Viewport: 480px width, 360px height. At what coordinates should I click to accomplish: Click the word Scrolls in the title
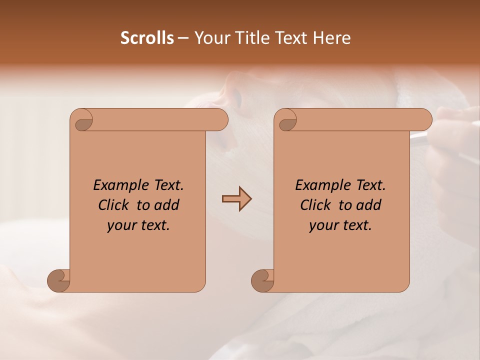[147, 38]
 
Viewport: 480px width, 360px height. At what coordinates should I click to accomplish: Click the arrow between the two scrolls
[236, 199]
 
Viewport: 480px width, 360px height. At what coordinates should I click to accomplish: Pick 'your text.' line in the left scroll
[138, 225]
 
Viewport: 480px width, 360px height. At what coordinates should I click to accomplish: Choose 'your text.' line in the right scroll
[340, 225]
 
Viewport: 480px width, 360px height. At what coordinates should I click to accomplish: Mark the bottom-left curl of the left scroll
[59, 280]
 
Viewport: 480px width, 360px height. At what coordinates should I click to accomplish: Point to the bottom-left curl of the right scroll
[263, 280]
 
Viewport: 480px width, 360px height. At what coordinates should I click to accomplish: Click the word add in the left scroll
[167, 205]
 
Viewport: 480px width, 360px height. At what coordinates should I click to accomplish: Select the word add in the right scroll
[369, 205]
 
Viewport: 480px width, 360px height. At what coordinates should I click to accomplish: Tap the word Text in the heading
[291, 38]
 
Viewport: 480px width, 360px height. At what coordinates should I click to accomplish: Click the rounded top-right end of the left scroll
[220, 120]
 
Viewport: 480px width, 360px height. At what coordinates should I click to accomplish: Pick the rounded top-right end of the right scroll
[424, 120]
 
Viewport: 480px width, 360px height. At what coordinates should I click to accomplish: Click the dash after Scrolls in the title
[183, 38]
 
